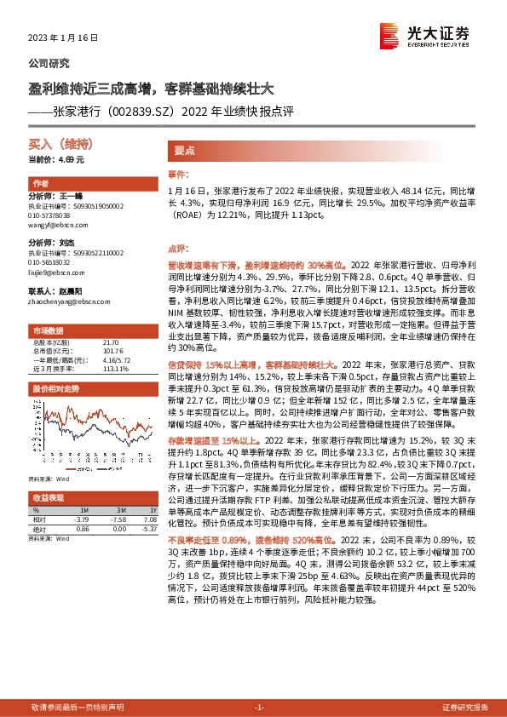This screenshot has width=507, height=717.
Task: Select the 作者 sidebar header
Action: pos(40,184)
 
